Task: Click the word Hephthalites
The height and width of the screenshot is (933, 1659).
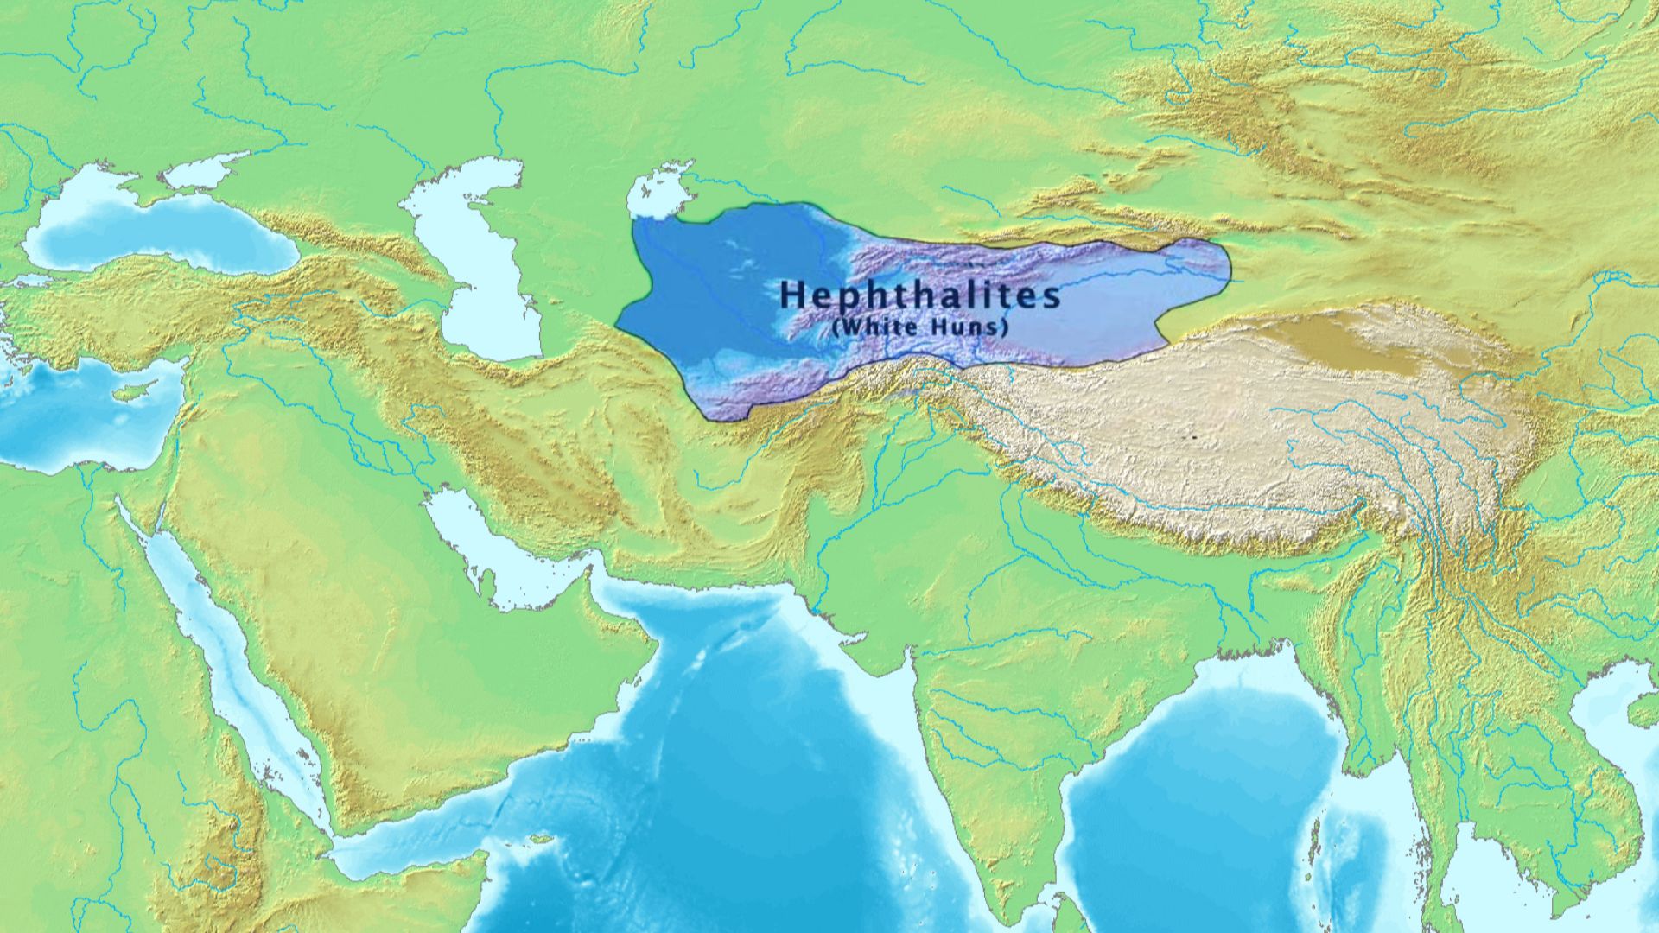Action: [919, 295]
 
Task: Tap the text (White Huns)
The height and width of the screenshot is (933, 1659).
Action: [919, 328]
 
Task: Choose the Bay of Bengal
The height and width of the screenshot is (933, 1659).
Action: [1192, 777]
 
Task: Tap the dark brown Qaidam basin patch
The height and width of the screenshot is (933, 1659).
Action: [1348, 341]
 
